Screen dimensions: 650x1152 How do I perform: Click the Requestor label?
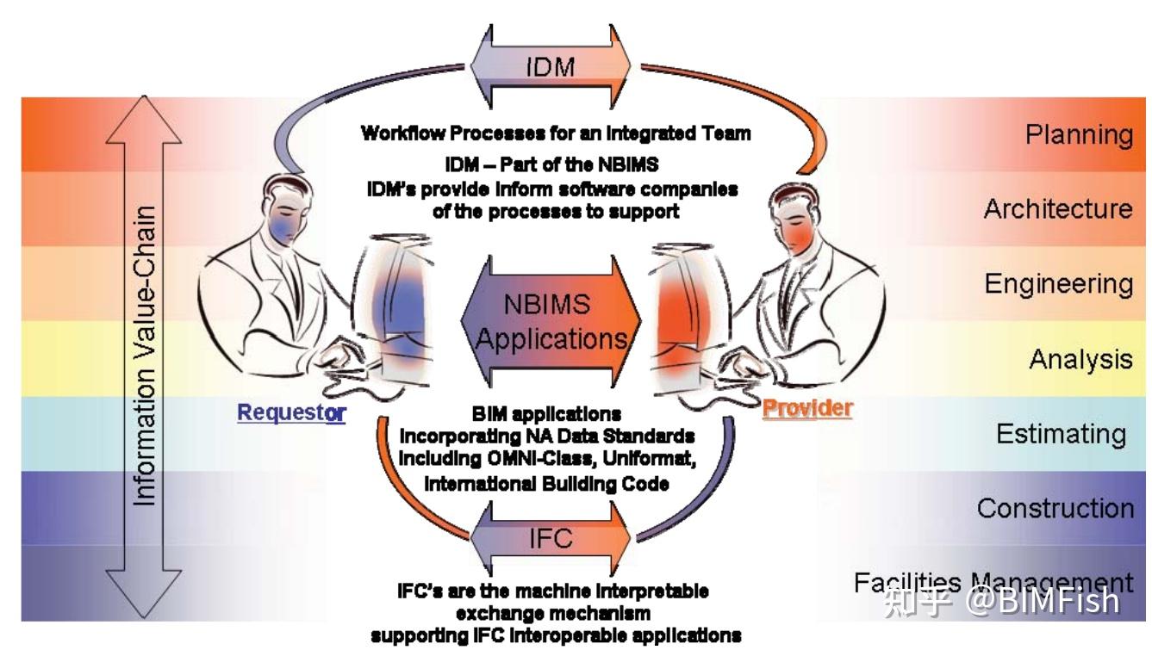click(x=291, y=412)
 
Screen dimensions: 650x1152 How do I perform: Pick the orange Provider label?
click(x=807, y=407)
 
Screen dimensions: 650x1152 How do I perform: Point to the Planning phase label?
click(x=1079, y=135)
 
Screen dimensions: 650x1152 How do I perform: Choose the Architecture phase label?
click(x=1058, y=209)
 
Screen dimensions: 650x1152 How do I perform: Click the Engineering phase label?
click(x=1059, y=284)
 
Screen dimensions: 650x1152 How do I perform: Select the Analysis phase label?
click(x=1080, y=359)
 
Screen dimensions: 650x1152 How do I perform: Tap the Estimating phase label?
click(x=1061, y=434)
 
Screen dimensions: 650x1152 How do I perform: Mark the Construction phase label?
click(x=1055, y=508)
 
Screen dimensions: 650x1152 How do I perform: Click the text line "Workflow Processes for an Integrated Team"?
click(x=555, y=133)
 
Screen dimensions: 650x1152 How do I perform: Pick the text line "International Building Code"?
click(x=546, y=484)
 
